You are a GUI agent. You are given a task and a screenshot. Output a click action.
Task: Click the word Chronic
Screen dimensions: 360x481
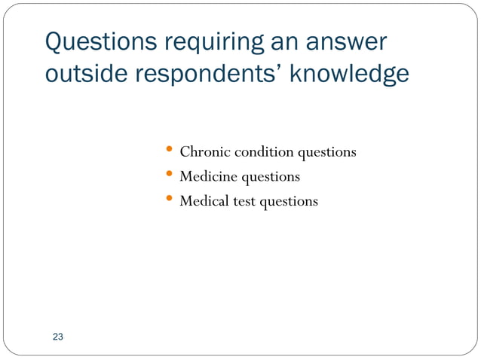205,152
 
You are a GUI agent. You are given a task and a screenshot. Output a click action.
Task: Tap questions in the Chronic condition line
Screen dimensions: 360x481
326,153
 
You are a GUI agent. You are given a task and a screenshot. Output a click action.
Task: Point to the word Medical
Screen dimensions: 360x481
206,202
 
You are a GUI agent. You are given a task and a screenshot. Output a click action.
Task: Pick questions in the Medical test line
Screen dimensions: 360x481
289,203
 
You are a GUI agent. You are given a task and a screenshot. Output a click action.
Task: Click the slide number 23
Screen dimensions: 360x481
58,337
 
